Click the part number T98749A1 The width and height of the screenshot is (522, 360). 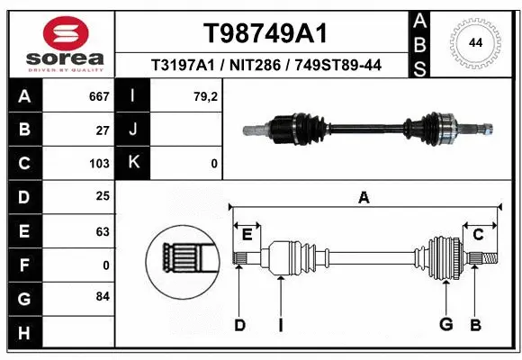tap(264, 33)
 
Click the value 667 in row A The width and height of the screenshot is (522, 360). tap(99, 96)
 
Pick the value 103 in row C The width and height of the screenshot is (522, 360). tap(99, 164)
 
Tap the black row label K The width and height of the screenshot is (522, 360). tap(132, 164)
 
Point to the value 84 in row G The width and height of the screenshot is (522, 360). tap(102, 296)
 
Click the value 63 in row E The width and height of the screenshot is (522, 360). tap(103, 231)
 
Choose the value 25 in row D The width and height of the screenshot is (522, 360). tap(103, 196)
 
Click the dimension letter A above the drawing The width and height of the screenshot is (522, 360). tap(364, 197)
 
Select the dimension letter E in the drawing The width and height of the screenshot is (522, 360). tap(247, 234)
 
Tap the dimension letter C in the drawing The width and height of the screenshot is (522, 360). tap(479, 234)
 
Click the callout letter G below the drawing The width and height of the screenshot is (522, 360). tap(445, 324)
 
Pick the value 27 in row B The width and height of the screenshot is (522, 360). tap(103, 130)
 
